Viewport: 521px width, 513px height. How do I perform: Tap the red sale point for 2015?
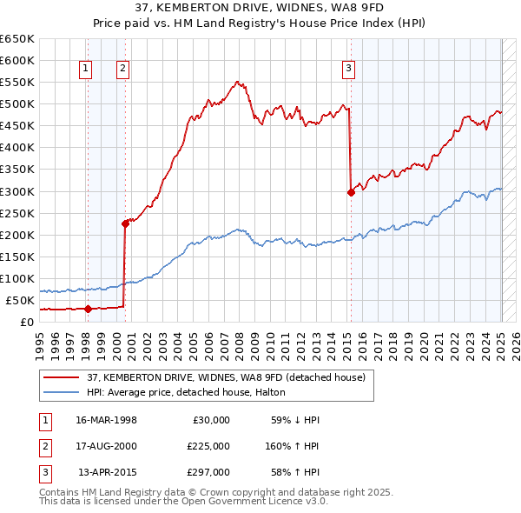pos(351,192)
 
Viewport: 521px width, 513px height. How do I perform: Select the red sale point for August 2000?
pos(125,223)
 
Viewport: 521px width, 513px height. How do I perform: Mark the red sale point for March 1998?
pos(88,308)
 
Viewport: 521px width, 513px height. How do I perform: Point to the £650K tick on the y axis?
pos(17,39)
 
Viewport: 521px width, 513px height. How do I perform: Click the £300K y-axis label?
pos(17,191)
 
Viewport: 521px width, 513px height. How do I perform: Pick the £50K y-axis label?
pos(20,300)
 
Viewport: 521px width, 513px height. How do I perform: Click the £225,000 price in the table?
pos(208,446)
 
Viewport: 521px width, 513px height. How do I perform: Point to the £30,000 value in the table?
pos(210,420)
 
